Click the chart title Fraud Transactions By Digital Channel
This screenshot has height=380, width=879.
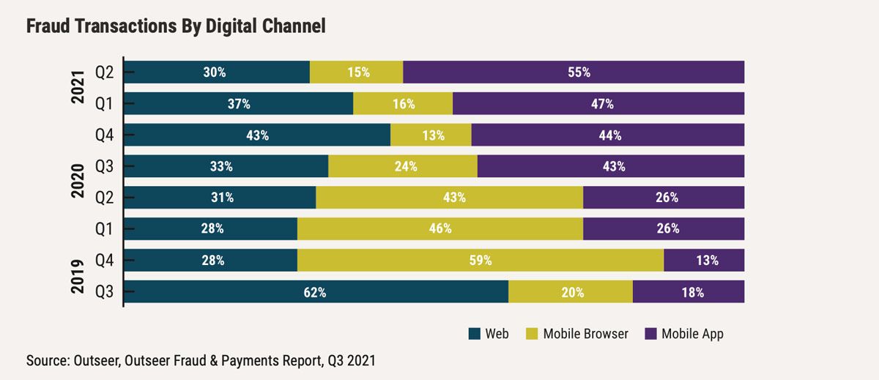pyautogui.click(x=176, y=26)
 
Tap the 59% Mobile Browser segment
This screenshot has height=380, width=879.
pyautogui.click(x=481, y=260)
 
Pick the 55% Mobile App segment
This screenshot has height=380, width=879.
pyautogui.click(x=574, y=72)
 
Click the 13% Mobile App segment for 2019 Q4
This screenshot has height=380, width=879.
pyautogui.click(x=704, y=260)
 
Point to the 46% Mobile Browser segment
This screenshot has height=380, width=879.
pyautogui.click(x=440, y=228)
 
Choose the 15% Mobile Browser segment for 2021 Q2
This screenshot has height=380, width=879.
pyautogui.click(x=357, y=72)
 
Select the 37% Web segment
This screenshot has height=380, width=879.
pyautogui.click(x=239, y=104)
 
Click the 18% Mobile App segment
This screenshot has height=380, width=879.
pyautogui.click(x=689, y=291)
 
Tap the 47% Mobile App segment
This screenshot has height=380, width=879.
pyautogui.click(x=598, y=104)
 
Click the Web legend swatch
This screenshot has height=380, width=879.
pyautogui.click(x=474, y=334)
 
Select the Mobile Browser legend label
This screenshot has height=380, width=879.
pyautogui.click(x=586, y=334)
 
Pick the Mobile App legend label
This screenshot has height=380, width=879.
pyautogui.click(x=692, y=334)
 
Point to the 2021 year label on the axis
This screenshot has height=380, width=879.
pyautogui.click(x=79, y=89)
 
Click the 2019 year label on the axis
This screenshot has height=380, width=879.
pyautogui.click(x=79, y=276)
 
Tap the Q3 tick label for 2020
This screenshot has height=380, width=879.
pyautogui.click(x=104, y=166)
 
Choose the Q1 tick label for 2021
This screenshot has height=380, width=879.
pyautogui.click(x=104, y=104)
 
